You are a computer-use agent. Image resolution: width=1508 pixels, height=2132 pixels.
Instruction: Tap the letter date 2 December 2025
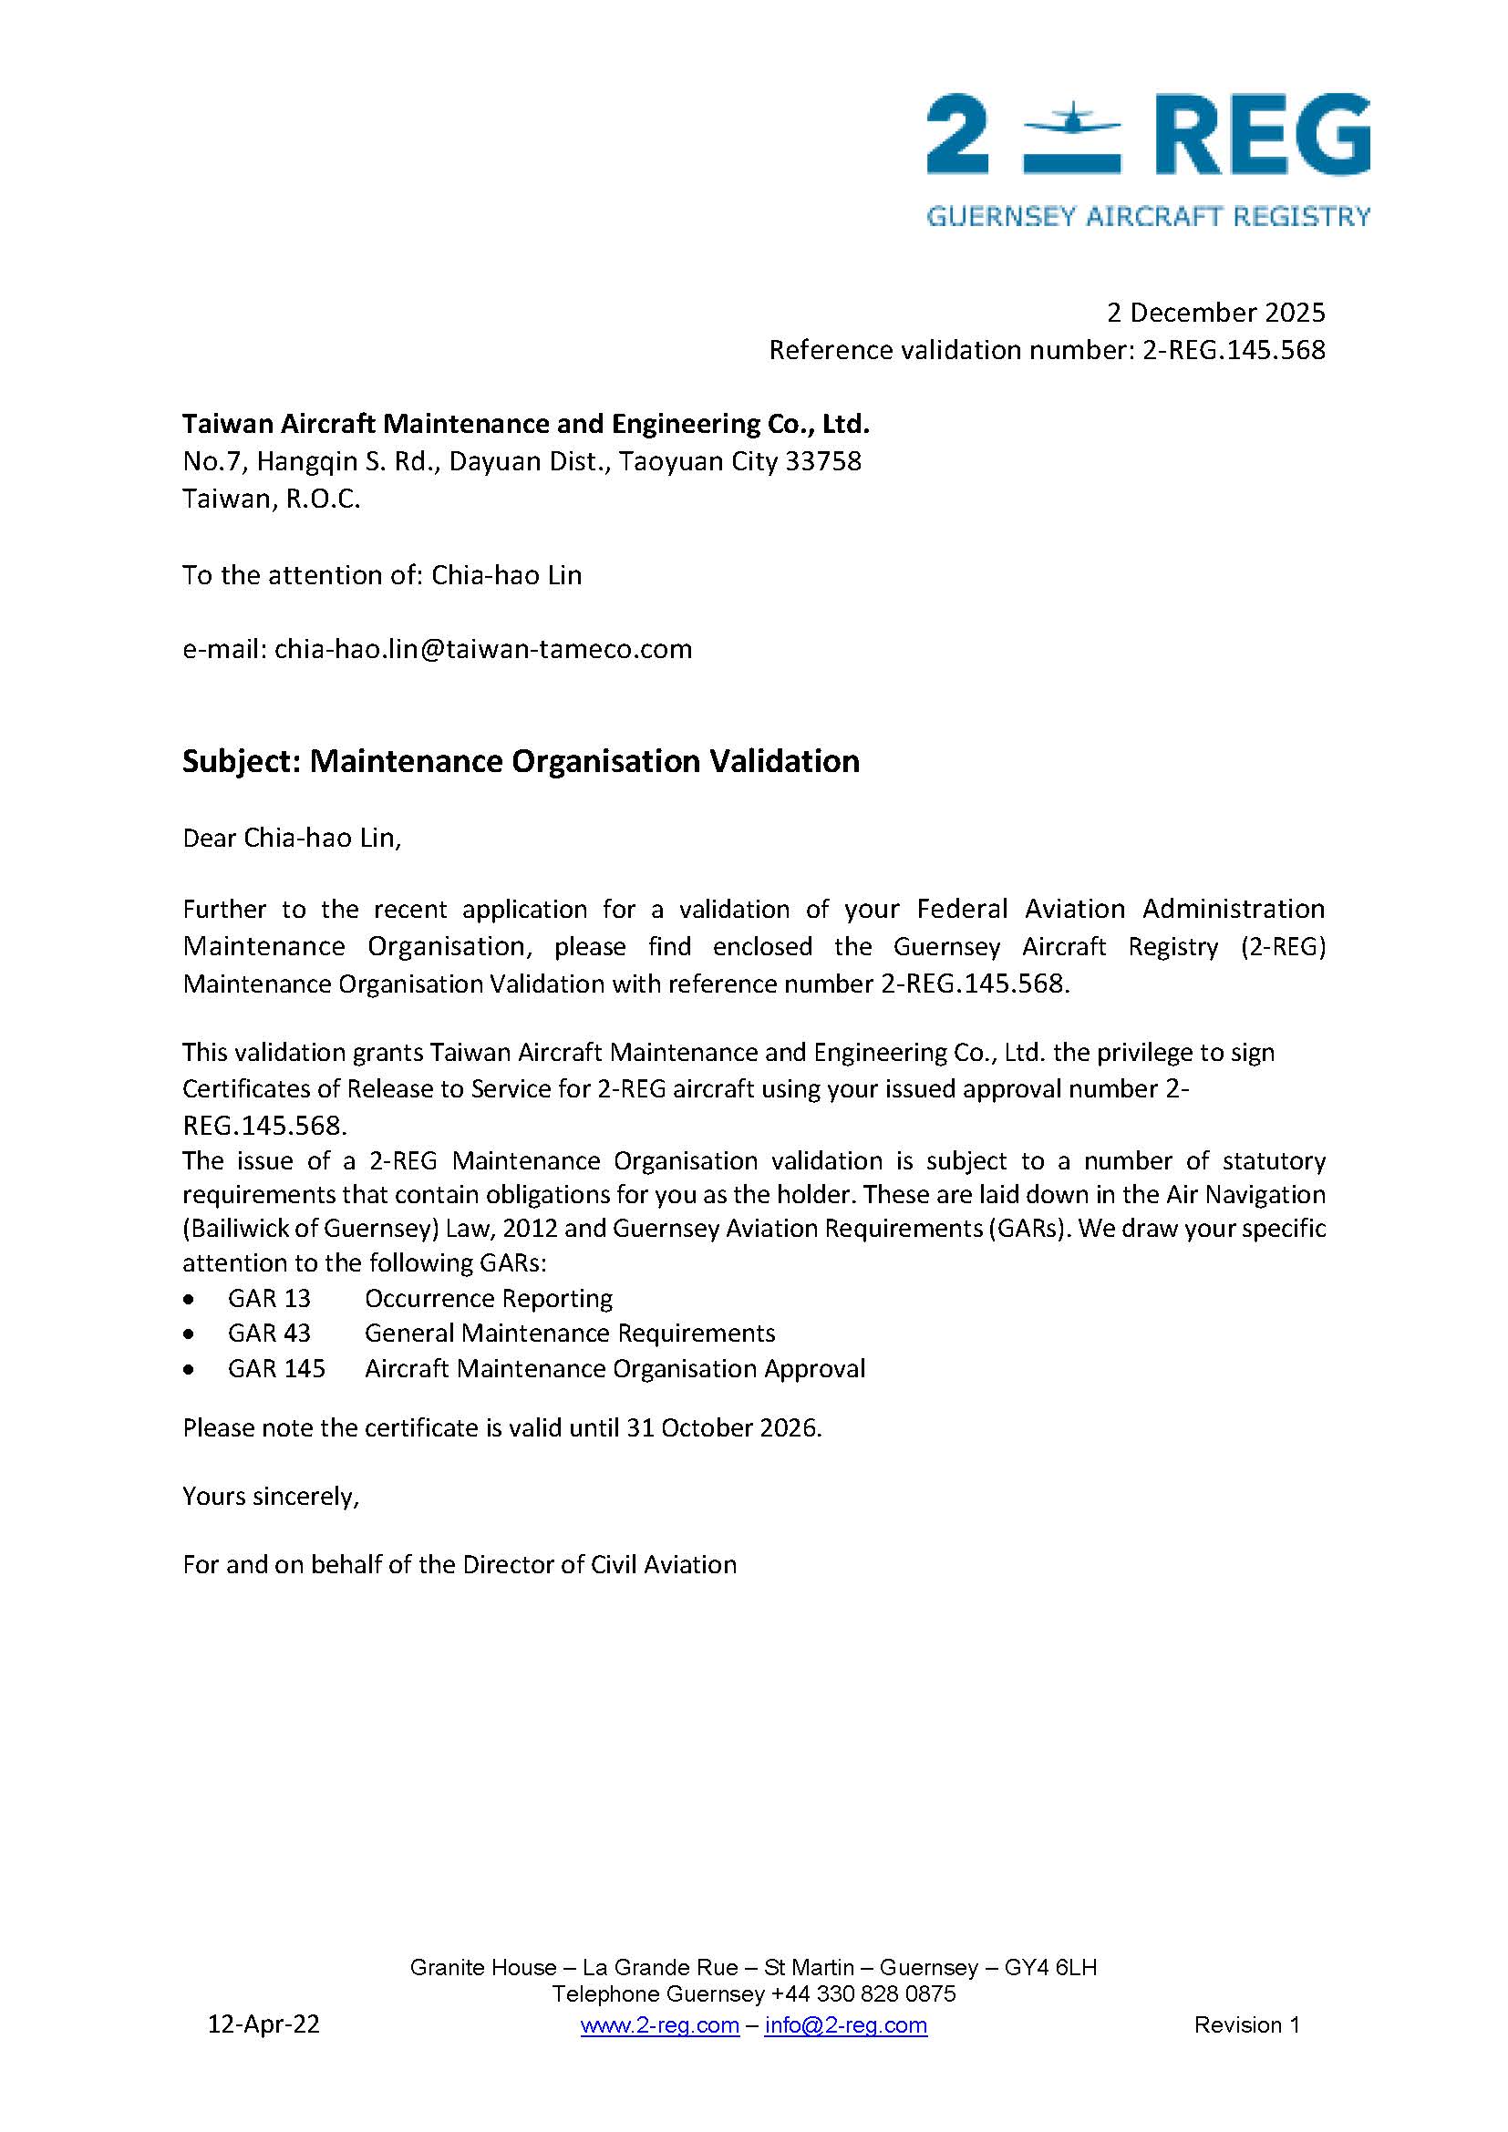pos(1214,313)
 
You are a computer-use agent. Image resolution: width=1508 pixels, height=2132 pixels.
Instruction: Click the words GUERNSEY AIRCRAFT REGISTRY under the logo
pos(1148,216)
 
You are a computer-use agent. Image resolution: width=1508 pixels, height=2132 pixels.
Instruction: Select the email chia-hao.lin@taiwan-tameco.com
pos(483,649)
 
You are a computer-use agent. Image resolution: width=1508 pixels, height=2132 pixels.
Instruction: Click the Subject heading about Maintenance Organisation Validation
pos(520,761)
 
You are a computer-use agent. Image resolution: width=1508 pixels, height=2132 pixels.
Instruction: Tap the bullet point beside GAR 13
pos(190,1299)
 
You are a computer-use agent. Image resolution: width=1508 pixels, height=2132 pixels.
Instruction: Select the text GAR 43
pos(268,1334)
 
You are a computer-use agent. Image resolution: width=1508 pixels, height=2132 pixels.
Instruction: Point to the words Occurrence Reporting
pos(489,1299)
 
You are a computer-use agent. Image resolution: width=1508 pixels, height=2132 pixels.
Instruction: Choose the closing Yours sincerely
pos(270,1497)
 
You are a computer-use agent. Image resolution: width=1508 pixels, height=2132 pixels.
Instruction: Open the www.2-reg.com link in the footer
pos(659,2025)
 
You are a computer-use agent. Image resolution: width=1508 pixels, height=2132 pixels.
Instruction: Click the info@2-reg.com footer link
pos(845,2025)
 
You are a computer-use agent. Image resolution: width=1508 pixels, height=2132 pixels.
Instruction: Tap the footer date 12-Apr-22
pos(263,2024)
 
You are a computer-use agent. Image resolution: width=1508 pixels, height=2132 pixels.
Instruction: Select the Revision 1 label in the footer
pos(1246,2025)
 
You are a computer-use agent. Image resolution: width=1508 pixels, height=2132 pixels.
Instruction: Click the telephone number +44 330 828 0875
pos(862,1993)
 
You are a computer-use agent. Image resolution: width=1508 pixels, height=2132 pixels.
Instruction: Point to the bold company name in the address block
pos(525,425)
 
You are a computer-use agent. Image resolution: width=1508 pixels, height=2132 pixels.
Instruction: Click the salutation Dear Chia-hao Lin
pos(292,839)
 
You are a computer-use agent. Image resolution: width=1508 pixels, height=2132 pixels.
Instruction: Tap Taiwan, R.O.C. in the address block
pos(271,500)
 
